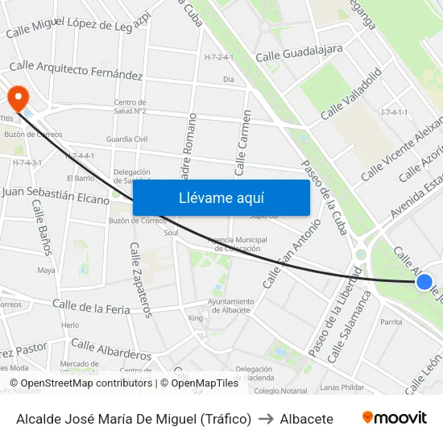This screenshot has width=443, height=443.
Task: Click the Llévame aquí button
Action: tap(221, 197)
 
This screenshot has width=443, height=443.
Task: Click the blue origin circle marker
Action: tap(424, 282)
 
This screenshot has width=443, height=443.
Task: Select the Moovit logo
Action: tap(394, 418)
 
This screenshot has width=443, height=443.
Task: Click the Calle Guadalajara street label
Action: tap(299, 53)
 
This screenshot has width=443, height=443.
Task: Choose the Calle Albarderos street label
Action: tap(111, 349)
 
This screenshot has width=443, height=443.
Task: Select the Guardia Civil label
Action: tap(127, 139)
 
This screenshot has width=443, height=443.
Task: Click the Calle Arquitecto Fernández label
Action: tap(76, 70)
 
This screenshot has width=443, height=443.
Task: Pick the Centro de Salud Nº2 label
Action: tap(130, 106)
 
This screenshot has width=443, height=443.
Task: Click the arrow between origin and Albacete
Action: tap(266, 419)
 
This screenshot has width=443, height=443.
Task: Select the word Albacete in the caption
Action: tap(307, 419)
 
